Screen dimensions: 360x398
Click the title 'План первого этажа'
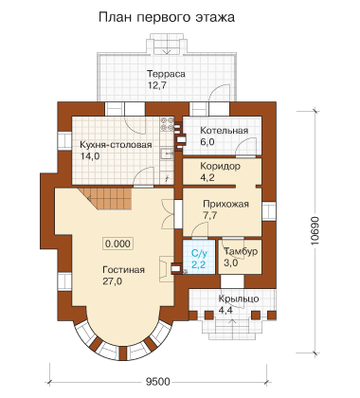(x=167, y=18)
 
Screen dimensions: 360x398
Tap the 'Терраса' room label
(x=166, y=74)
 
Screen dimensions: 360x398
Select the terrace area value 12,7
(x=157, y=85)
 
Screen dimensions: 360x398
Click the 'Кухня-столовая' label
(x=116, y=145)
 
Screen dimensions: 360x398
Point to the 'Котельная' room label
(x=225, y=131)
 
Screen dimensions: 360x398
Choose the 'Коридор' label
(x=220, y=166)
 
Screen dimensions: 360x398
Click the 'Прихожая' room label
(x=225, y=204)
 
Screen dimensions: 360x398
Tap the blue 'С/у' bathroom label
(x=199, y=253)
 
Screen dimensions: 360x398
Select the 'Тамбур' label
(x=241, y=251)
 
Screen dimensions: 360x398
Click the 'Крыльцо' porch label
(x=239, y=298)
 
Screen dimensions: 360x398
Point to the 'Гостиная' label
(x=124, y=270)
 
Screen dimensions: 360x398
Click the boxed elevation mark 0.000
(x=117, y=244)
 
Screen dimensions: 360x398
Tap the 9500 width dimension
(x=158, y=382)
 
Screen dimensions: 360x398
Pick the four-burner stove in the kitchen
(x=167, y=124)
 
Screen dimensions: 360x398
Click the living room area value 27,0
(x=113, y=281)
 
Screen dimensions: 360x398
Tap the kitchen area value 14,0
(x=90, y=156)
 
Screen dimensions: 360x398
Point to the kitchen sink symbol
(x=167, y=154)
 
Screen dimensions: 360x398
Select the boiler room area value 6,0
(x=207, y=142)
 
